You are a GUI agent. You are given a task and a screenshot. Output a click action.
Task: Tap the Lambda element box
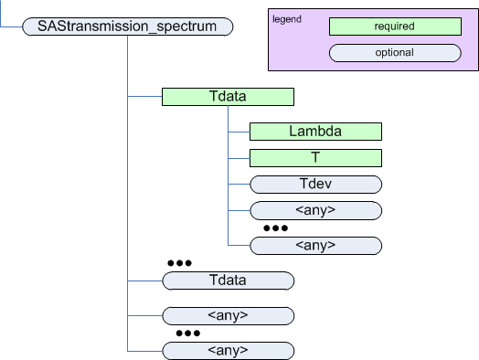[x=314, y=132]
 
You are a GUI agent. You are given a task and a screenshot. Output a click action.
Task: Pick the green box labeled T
[x=314, y=157]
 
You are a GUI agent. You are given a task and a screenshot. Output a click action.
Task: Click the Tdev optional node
[x=314, y=184]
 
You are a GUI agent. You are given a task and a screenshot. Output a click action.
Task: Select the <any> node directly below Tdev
[x=314, y=210]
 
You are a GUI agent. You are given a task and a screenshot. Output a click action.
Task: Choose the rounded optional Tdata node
[x=227, y=281]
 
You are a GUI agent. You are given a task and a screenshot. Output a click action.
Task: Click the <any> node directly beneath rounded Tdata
[x=227, y=316]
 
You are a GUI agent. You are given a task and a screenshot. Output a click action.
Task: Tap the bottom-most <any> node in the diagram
[x=227, y=350]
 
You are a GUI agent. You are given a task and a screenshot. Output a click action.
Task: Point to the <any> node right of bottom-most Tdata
[x=314, y=245]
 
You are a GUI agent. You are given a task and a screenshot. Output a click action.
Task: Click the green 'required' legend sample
[x=393, y=27]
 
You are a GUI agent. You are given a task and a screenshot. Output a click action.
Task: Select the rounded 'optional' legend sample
[x=393, y=53]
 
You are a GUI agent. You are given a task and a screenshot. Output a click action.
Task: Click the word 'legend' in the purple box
[x=287, y=19]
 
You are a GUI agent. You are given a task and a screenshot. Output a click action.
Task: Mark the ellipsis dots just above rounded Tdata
[x=178, y=263]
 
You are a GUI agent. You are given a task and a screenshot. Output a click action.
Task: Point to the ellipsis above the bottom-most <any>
[x=187, y=334]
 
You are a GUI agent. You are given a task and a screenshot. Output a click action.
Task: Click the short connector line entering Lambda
[x=238, y=132]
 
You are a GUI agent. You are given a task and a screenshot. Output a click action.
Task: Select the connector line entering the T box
[x=238, y=157]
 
